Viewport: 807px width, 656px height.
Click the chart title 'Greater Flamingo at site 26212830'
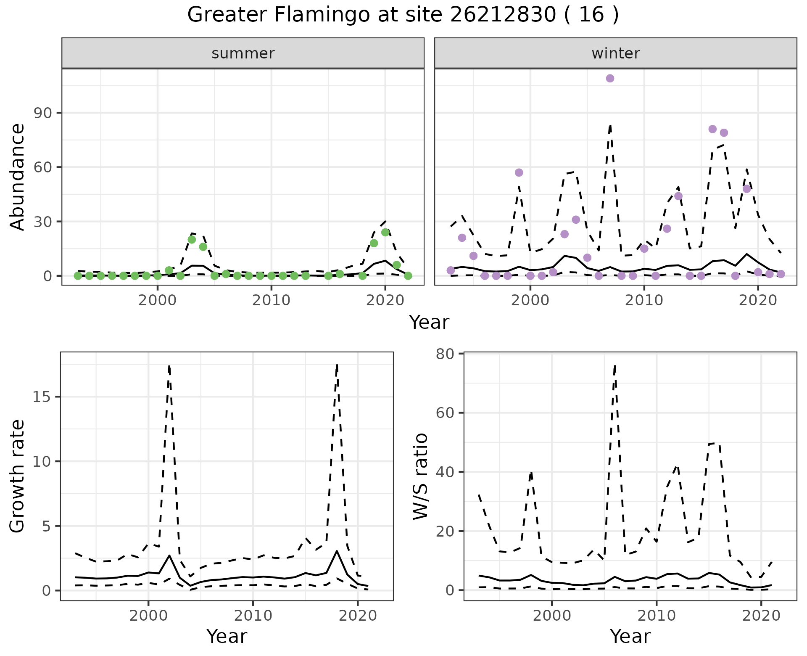point(403,15)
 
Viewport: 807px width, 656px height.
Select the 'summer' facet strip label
point(243,53)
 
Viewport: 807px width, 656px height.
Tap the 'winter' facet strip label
point(615,53)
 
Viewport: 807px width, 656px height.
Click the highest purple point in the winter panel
point(610,78)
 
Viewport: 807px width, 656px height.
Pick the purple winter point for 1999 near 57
point(519,172)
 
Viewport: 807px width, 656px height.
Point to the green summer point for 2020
point(385,232)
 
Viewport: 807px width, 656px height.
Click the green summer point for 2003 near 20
point(192,239)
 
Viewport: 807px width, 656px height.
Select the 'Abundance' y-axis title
point(18,177)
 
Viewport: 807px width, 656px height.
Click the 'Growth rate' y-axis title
point(18,476)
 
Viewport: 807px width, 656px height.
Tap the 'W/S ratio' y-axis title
point(420,476)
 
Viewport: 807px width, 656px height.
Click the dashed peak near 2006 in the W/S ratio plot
point(615,366)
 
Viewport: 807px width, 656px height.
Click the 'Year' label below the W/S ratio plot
point(630,637)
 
